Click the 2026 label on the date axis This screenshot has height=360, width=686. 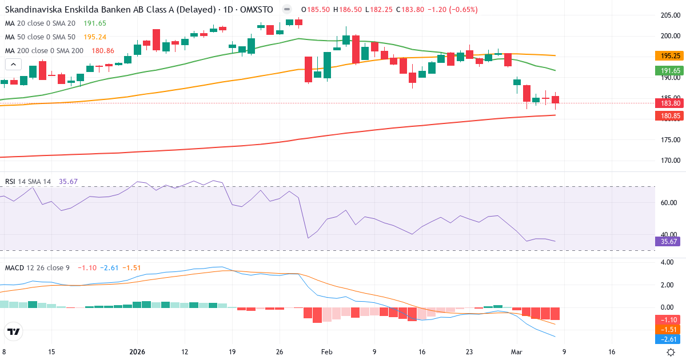click(137, 352)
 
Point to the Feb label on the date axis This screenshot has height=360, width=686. click(326, 352)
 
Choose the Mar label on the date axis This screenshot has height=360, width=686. click(516, 352)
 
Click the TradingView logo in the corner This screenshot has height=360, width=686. click(14, 331)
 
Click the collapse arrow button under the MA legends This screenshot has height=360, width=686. click(13, 65)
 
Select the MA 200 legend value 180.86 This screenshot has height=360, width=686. click(103, 51)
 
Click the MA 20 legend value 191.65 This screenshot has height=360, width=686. click(94, 23)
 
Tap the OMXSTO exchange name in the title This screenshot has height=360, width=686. click(260, 10)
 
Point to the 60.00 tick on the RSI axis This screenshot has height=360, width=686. click(669, 202)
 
